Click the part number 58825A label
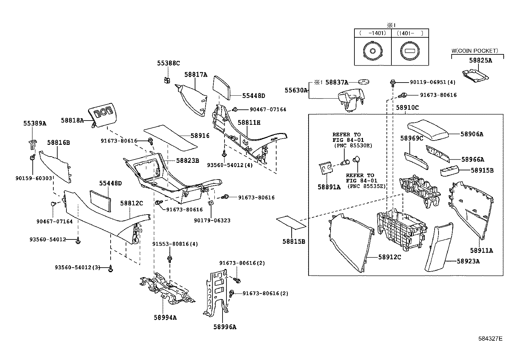pyautogui.click(x=480, y=60)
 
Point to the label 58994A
pyautogui.click(x=165, y=317)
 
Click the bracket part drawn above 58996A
pyautogui.click(x=217, y=292)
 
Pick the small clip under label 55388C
pyautogui.click(x=168, y=80)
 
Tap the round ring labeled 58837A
pyautogui.click(x=362, y=82)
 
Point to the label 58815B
pyautogui.click(x=294, y=241)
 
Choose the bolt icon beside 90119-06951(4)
pyautogui.click(x=393, y=82)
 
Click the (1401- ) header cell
pyautogui.click(x=410, y=33)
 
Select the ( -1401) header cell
pyautogui.click(x=373, y=33)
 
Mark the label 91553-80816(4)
pyautogui.click(x=175, y=244)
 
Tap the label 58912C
pyautogui.click(x=389, y=257)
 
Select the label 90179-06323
pyautogui.click(x=212, y=220)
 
